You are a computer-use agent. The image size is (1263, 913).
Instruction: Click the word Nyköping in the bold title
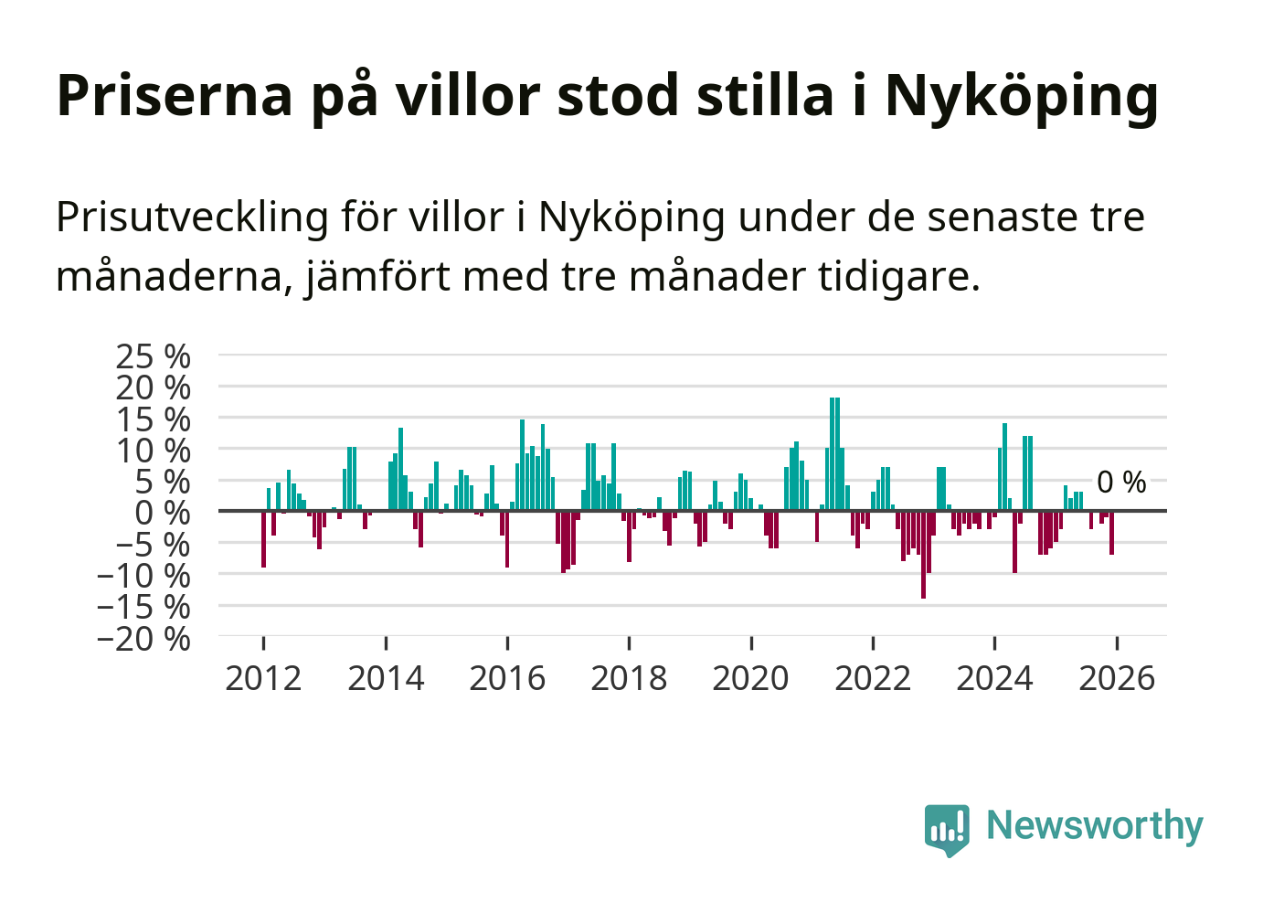[1021, 95]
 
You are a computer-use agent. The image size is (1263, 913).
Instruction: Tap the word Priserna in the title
[175, 95]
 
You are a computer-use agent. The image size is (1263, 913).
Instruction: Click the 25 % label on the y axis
[153, 356]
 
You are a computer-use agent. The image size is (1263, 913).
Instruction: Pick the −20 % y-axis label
[143, 638]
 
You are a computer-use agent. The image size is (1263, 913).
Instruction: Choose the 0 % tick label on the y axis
[163, 513]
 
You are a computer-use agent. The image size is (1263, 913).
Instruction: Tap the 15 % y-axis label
[153, 419]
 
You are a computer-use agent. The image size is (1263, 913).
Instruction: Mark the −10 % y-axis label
[143, 576]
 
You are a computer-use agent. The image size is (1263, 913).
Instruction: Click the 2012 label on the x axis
[263, 678]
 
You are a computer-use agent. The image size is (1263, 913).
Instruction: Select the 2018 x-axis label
[629, 678]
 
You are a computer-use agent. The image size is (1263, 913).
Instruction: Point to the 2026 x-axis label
[1117, 678]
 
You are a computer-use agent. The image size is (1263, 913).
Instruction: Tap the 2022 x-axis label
[873, 678]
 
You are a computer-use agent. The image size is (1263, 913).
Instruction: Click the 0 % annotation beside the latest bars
[1121, 482]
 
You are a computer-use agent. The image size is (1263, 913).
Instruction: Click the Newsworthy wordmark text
[1095, 825]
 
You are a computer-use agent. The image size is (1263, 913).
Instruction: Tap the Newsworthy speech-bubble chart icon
[946, 829]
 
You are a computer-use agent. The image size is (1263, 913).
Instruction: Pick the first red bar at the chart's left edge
[263, 539]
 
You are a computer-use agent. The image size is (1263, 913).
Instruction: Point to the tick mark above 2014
[386, 642]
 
